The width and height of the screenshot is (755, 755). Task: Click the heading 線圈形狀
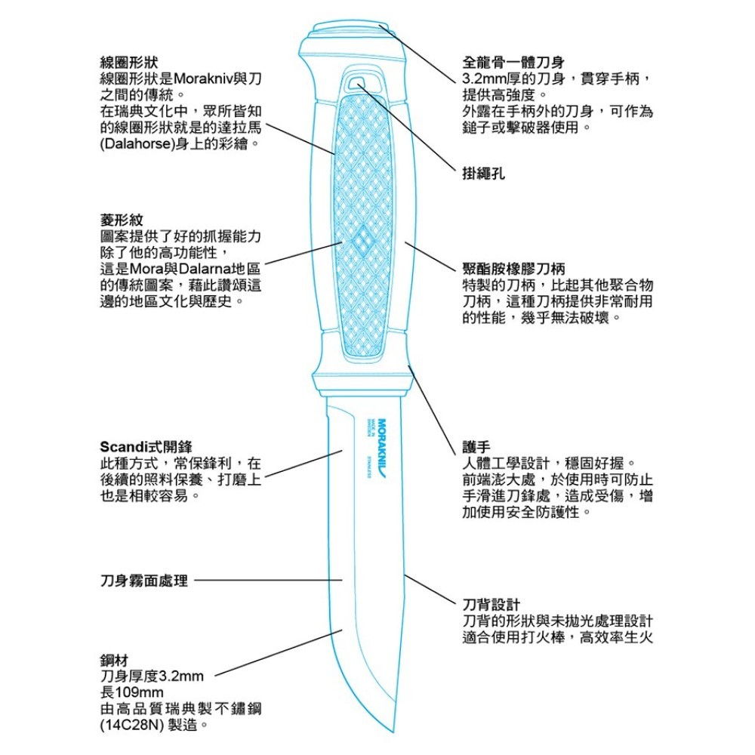[x=128, y=62]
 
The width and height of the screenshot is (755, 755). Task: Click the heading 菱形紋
[x=122, y=220]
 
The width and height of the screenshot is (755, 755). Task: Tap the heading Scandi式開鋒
[x=146, y=447]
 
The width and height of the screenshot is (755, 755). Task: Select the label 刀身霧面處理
[x=144, y=581]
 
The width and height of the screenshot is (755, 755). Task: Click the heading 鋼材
[x=114, y=660]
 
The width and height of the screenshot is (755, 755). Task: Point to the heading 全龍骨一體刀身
[x=513, y=62]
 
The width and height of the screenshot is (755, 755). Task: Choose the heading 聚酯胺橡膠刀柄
[x=513, y=268]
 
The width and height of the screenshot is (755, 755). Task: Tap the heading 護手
[x=476, y=447]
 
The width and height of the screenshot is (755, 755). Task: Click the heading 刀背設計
[x=492, y=605]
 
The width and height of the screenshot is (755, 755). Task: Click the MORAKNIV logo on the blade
[x=382, y=448]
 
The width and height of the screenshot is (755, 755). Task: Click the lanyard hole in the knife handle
[x=357, y=83]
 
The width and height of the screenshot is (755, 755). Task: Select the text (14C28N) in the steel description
[x=131, y=725]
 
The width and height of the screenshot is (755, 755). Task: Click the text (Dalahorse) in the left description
[x=136, y=144]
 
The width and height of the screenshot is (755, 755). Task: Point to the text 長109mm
[x=131, y=692]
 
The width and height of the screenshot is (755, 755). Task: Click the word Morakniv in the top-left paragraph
[x=202, y=79]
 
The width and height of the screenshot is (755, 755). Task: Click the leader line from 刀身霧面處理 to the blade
[x=268, y=580]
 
